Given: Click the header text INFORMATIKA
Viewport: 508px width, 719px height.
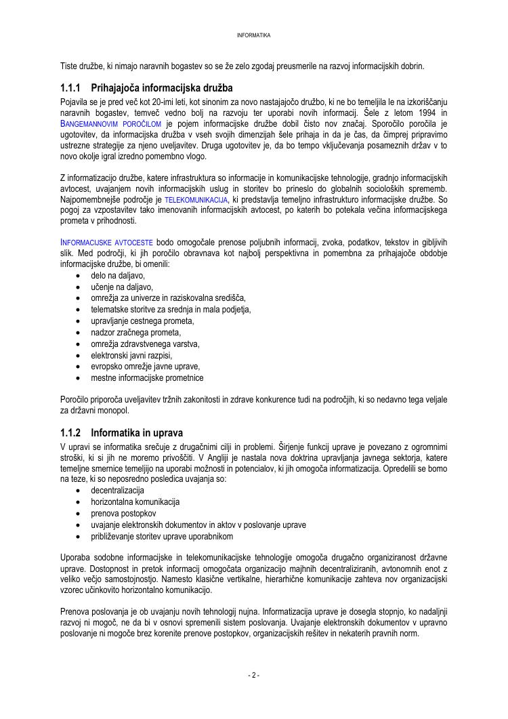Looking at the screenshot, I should tap(254, 35).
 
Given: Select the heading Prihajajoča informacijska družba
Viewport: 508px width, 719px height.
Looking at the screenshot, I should tap(162, 88).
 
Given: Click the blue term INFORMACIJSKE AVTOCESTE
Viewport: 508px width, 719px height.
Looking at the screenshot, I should tap(106, 242).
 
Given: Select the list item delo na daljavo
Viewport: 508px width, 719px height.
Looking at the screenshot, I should tap(118, 275).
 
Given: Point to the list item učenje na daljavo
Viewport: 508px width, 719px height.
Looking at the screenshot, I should tap(122, 287).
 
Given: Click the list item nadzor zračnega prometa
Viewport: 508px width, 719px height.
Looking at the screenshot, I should tap(136, 332).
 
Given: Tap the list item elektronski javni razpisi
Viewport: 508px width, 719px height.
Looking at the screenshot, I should tap(132, 355).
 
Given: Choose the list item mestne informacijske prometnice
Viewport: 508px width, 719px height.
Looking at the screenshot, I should tap(147, 378).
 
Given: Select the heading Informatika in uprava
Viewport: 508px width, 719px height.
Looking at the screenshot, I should tap(137, 432).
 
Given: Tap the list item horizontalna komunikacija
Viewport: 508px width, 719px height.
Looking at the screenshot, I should tap(135, 501).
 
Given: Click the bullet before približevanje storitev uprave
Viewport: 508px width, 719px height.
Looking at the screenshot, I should tap(81, 536).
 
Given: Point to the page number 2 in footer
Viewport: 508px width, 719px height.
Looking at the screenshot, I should tap(254, 675).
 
